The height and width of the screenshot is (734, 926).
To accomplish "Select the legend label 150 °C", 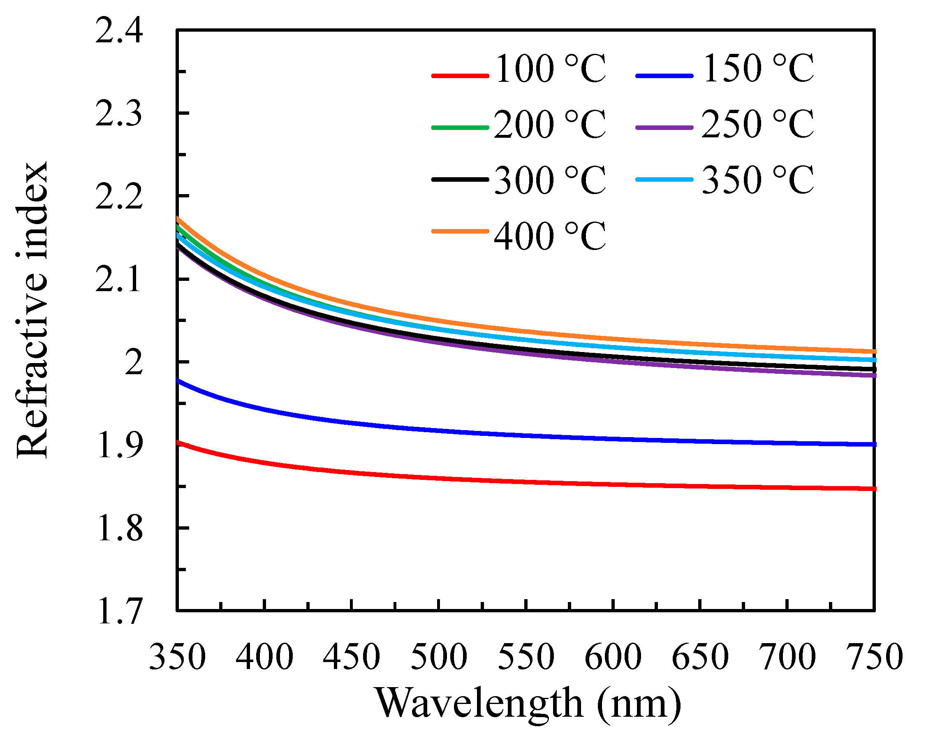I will [758, 69].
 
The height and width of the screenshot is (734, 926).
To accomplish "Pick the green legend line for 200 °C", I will [460, 127].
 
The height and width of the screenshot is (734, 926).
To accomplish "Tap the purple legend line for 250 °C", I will [664, 127].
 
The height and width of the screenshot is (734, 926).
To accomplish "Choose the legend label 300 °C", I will [550, 181].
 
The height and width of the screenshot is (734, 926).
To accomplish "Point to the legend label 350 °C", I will [758, 181].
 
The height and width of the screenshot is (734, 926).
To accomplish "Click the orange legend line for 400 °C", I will [460, 231].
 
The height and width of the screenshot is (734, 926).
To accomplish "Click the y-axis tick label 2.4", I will [118, 31].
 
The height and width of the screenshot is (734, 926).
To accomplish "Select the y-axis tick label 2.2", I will [118, 197].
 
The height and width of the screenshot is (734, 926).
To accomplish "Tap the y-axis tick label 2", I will [134, 364].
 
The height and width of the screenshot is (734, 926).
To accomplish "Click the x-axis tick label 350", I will [177, 657].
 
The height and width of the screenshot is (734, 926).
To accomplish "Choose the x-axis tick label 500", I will [438, 657].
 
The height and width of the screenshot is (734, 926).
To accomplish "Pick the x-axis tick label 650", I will [700, 657].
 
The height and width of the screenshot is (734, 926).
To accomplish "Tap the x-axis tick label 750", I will [874, 657].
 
